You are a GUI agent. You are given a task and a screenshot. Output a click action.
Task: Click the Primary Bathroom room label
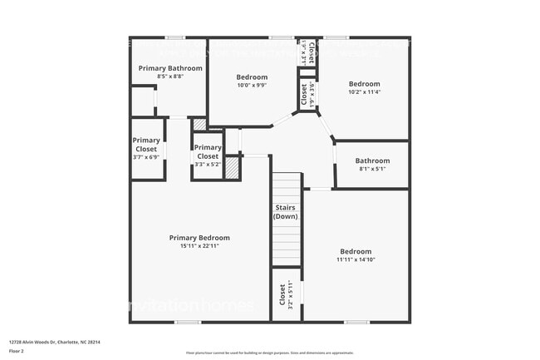pyautogui.click(x=169, y=68)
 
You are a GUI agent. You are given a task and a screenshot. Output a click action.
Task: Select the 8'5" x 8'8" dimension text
pyautogui.click(x=169, y=76)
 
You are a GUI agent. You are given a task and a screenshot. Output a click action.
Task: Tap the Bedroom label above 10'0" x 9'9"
pyautogui.click(x=252, y=76)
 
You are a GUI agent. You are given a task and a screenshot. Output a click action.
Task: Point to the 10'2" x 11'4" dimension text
pyautogui.click(x=364, y=92)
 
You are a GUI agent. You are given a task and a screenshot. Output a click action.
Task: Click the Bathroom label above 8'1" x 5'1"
pyautogui.click(x=372, y=160)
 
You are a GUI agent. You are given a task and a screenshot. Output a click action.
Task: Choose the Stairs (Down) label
pyautogui.click(x=286, y=211)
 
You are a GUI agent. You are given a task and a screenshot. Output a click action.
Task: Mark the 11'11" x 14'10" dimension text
pyautogui.click(x=356, y=259)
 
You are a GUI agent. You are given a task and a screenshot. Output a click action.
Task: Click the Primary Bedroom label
pyautogui.click(x=199, y=238)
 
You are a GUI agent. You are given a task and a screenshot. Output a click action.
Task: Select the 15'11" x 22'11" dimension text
pyautogui.click(x=199, y=246)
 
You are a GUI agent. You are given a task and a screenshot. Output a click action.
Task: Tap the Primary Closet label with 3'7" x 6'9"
pyautogui.click(x=146, y=145)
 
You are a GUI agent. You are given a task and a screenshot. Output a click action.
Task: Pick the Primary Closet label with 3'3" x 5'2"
pyautogui.click(x=208, y=151)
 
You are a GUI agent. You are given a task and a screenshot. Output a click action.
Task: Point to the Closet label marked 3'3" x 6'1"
pyautogui.click(x=305, y=93)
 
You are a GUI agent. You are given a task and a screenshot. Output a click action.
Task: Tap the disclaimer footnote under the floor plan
pyautogui.click(x=269, y=353)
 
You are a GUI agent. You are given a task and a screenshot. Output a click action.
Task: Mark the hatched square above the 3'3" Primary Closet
pyautogui.click(x=199, y=125)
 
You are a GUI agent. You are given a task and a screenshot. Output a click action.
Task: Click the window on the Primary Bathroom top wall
pyautogui.click(x=174, y=37)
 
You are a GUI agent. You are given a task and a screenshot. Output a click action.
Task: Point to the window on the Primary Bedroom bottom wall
pyautogui.click(x=187, y=322)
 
